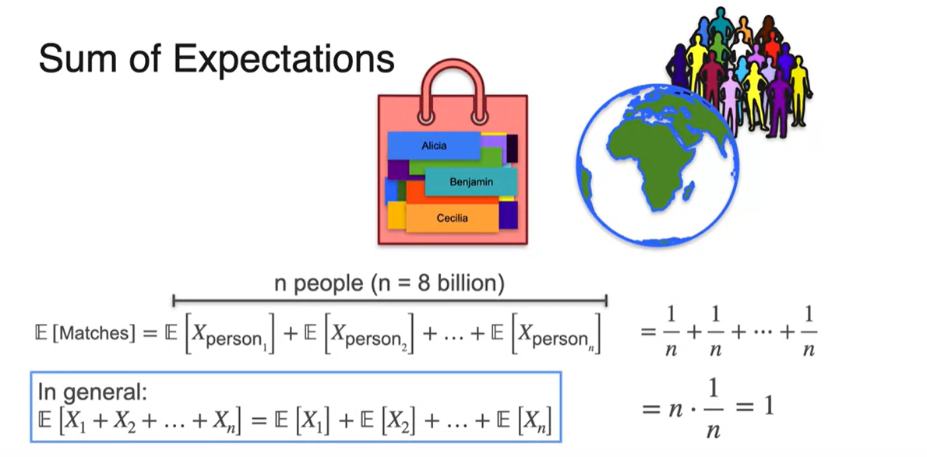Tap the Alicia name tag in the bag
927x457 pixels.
[x=434, y=146]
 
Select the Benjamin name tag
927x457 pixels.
[x=471, y=182]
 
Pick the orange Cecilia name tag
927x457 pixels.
[x=452, y=218]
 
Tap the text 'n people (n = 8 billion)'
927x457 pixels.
[x=389, y=283]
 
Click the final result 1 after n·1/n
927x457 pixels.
[x=767, y=406]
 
